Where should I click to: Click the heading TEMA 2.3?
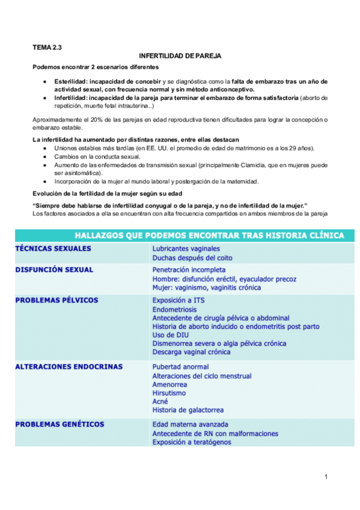click(47, 46)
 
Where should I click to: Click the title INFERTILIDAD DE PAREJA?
click(180, 56)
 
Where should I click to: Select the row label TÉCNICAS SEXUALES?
click(53, 248)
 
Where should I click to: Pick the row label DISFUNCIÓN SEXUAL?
click(54, 270)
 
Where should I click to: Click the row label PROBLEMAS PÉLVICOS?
click(56, 300)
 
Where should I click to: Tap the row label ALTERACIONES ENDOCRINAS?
click(69, 366)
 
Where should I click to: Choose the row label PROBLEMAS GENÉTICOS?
click(59, 424)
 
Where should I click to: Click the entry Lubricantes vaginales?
click(186, 248)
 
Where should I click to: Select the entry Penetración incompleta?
click(189, 270)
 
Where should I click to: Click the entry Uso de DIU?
click(169, 335)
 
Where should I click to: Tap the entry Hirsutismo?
click(169, 393)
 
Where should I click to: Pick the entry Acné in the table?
click(160, 401)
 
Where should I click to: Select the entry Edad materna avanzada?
click(190, 424)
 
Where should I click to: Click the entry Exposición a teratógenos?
click(192, 442)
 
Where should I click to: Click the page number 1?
click(325, 478)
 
